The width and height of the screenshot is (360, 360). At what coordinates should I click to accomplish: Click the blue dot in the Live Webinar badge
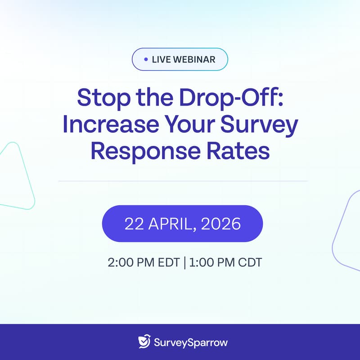coord(145,59)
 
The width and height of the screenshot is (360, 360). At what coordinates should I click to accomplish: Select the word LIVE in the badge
coord(161,59)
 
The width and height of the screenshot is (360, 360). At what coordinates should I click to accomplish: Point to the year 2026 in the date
coord(222,224)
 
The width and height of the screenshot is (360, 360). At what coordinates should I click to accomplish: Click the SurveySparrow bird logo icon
coord(144,342)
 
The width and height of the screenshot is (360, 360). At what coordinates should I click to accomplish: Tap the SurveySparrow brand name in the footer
coord(190,342)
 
